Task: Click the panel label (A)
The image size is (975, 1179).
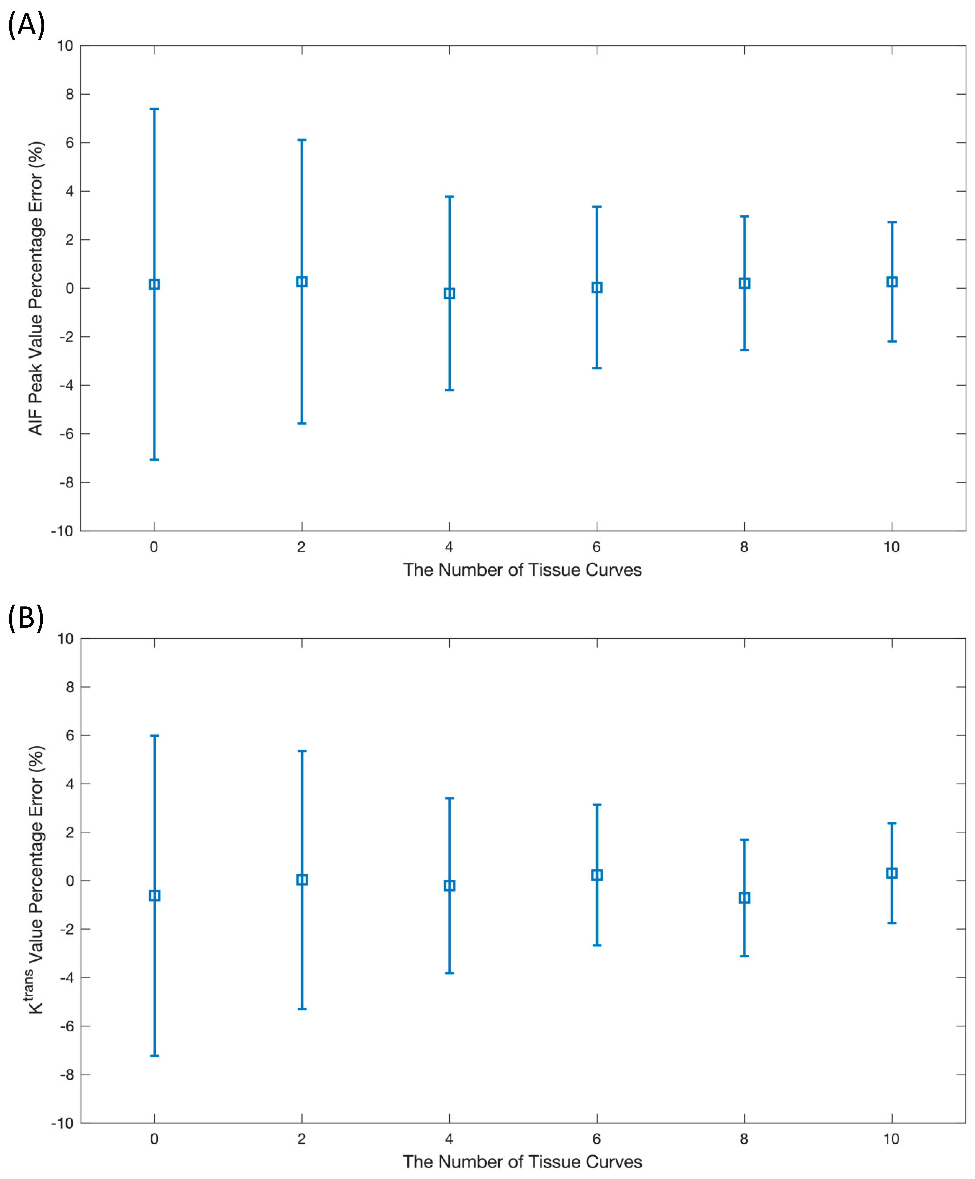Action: pyautogui.click(x=26, y=25)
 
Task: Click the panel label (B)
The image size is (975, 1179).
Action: pyautogui.click(x=26, y=618)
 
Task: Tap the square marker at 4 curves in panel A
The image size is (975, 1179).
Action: pyautogui.click(x=449, y=293)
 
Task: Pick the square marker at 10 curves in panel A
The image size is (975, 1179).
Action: pyautogui.click(x=892, y=282)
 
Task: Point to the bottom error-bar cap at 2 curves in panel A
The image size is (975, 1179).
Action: pyautogui.click(x=302, y=423)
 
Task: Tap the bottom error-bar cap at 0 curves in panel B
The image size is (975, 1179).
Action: pyautogui.click(x=154, y=1056)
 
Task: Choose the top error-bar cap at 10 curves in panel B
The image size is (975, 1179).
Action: pyautogui.click(x=892, y=823)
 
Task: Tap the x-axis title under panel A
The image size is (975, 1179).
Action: pyautogui.click(x=522, y=570)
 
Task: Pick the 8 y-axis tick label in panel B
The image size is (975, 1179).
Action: pyautogui.click(x=70, y=687)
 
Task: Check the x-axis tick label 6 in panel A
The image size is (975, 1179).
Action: pyautogui.click(x=596, y=547)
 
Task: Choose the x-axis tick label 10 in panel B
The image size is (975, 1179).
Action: pyautogui.click(x=891, y=1139)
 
